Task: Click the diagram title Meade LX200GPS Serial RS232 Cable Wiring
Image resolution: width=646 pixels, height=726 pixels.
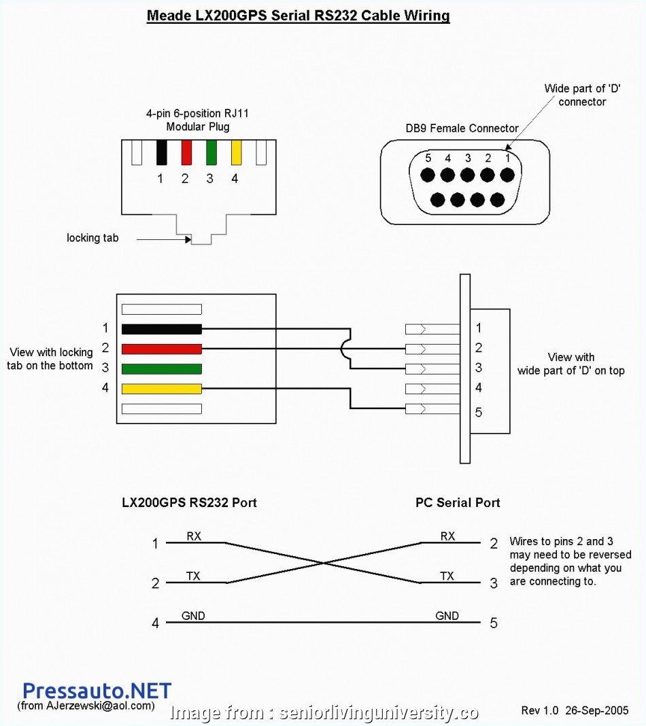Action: [298, 16]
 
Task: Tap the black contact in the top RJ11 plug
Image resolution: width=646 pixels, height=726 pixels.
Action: [161, 152]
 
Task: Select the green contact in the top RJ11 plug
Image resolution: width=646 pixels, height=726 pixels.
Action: [211, 152]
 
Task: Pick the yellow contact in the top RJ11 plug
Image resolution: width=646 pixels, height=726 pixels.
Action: [237, 152]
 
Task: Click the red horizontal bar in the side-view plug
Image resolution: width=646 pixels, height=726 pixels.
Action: [161, 349]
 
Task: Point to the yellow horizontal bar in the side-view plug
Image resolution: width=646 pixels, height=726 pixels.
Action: [161, 389]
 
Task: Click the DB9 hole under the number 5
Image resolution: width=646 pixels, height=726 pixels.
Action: [427, 175]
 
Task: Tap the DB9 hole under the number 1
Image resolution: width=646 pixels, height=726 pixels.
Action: [507, 175]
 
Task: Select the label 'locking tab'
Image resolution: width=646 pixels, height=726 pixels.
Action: [92, 238]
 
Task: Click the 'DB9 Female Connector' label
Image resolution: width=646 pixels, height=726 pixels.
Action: [462, 128]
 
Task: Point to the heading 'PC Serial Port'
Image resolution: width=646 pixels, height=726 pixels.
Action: [458, 503]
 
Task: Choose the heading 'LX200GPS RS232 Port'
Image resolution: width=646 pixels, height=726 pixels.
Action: [189, 503]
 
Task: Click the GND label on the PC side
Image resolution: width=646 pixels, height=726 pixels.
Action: [447, 616]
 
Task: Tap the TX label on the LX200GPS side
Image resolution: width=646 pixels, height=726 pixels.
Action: [193, 576]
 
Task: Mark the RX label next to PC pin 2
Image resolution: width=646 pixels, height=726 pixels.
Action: [447, 536]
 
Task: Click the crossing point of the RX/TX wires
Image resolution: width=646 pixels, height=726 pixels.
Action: [323, 563]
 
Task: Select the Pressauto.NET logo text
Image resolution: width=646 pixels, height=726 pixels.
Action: [97, 692]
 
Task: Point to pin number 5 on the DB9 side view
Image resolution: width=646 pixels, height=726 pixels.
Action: [479, 412]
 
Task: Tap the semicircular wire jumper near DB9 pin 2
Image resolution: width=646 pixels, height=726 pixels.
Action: [345, 349]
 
